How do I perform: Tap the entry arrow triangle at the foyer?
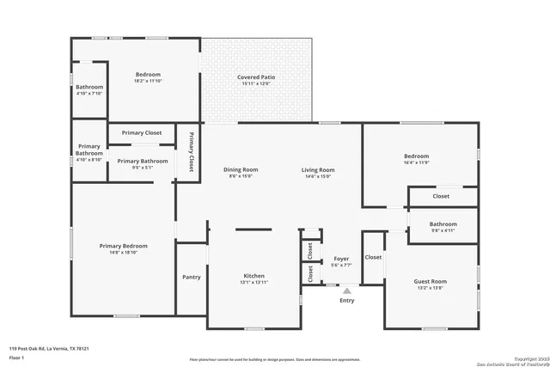point(347,291)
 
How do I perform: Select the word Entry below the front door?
point(347,301)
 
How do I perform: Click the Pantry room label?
point(192,277)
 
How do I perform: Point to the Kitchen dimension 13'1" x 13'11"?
point(254,283)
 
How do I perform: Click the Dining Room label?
point(241,169)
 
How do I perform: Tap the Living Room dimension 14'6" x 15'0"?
point(317,176)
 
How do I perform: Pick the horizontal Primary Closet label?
point(142,133)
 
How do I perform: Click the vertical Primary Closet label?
point(192,151)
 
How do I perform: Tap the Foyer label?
point(341,259)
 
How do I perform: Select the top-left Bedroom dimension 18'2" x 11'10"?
point(148,81)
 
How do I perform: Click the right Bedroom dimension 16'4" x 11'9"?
point(416,163)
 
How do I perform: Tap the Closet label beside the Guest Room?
point(373,257)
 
